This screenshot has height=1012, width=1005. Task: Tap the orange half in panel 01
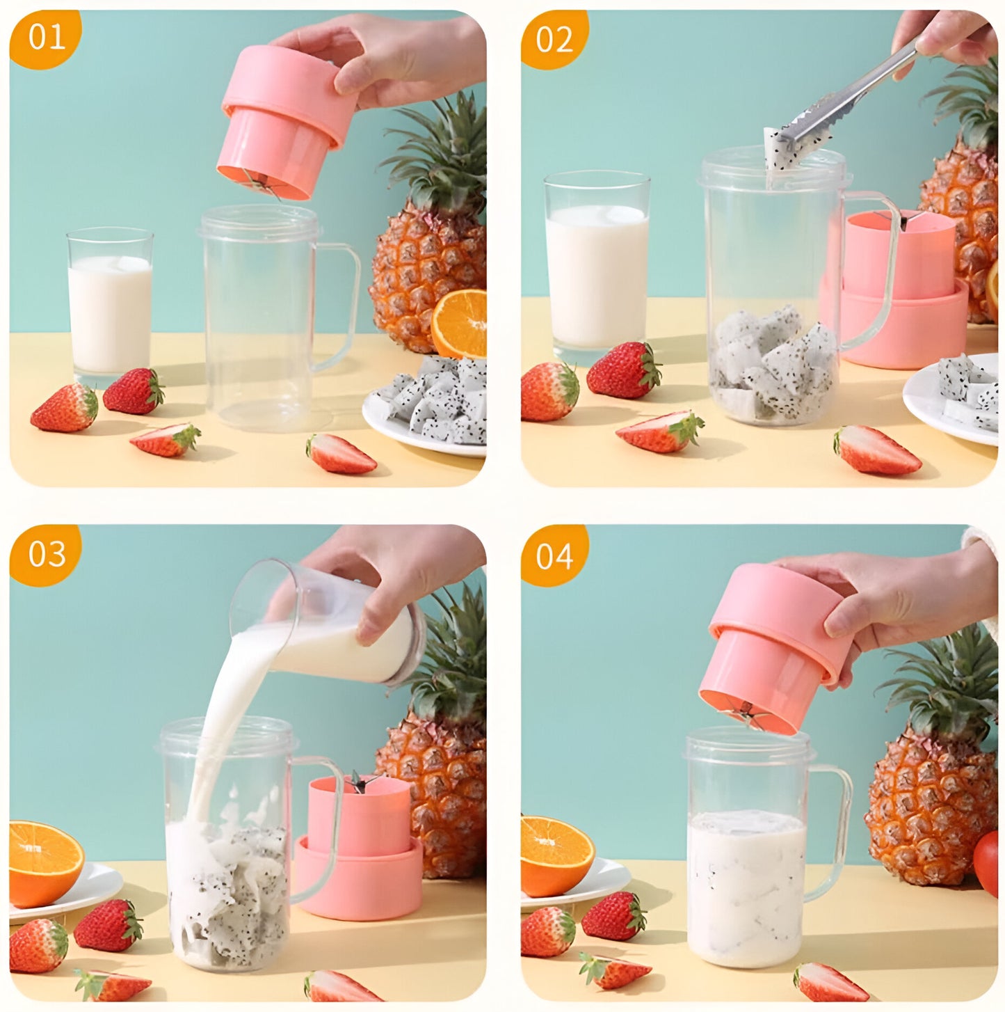(x=460, y=324)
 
